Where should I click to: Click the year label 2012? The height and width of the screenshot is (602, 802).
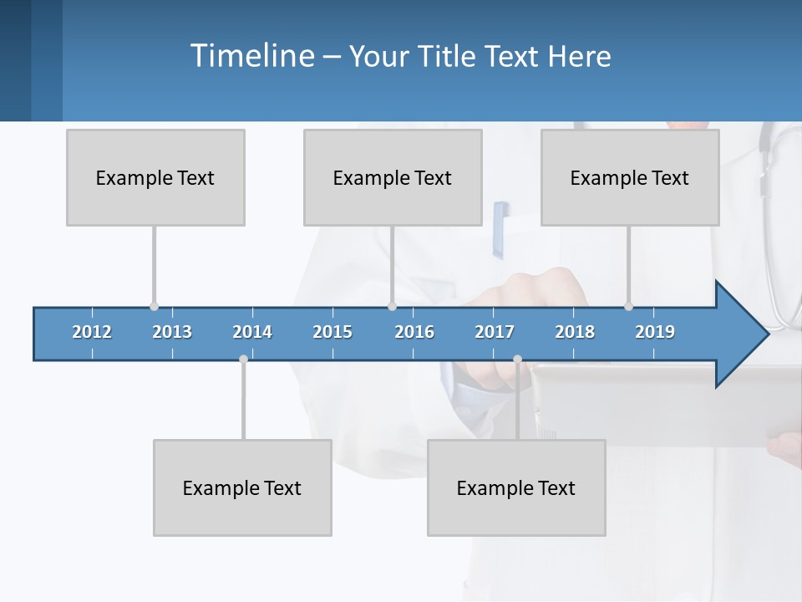coord(92,332)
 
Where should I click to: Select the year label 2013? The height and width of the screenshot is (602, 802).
coord(172,332)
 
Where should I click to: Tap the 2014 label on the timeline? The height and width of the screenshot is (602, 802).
coord(252,332)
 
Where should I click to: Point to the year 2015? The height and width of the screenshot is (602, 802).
coord(332,332)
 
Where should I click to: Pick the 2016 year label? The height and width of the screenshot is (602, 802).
coord(414,332)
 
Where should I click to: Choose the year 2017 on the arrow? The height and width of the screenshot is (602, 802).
coord(495,332)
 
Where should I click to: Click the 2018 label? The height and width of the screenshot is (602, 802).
coord(575,332)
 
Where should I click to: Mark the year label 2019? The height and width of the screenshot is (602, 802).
coord(655,332)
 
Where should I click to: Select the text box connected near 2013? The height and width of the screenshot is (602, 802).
coord(155,177)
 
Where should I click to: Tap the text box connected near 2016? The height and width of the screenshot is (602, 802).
coord(393,177)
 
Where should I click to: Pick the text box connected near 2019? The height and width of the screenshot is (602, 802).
coord(630,177)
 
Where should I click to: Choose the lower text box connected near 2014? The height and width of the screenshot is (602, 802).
coord(242,487)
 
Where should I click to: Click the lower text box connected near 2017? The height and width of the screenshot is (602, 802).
coord(516,487)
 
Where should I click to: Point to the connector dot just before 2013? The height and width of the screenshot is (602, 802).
coord(154,306)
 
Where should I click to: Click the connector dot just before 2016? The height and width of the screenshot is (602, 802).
coord(392,306)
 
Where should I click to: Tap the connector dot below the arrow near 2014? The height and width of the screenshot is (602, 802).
coord(243,360)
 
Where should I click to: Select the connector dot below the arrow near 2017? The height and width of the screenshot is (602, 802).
coord(517,360)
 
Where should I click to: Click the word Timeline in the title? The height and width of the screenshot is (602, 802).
coord(251,56)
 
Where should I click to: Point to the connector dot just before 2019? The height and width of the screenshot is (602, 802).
coord(628,306)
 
